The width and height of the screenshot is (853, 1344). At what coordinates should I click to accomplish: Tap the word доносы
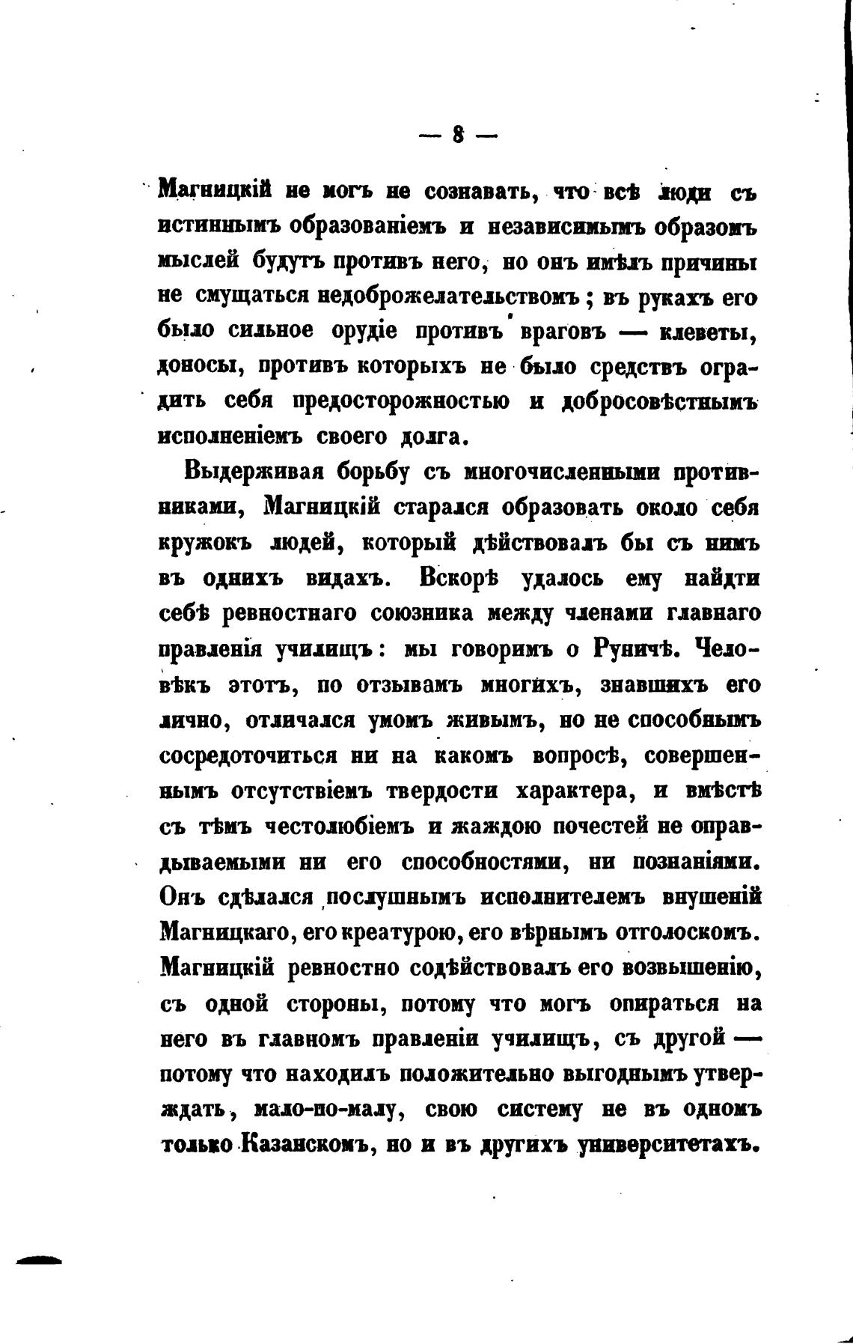point(197,367)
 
